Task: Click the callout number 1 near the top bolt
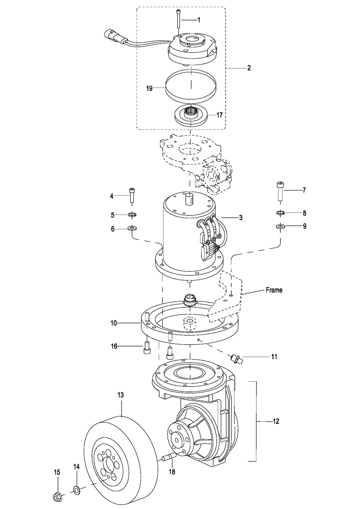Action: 199,20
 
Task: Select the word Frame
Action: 274,290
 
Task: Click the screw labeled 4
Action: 132,195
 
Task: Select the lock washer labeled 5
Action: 132,214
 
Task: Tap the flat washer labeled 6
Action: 132,228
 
